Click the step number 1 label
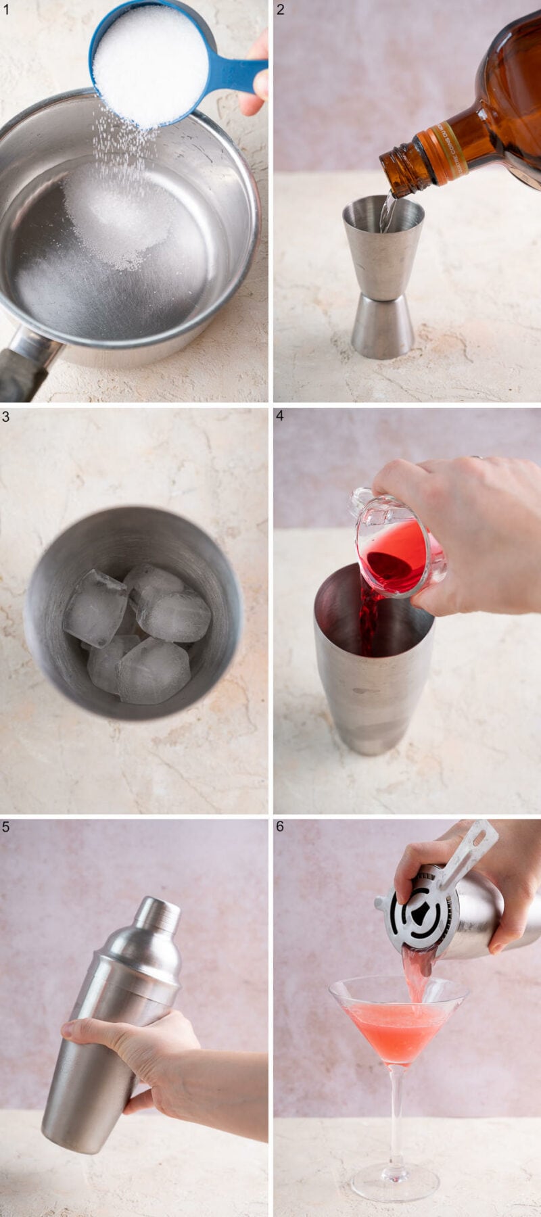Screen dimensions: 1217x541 pos(6,9)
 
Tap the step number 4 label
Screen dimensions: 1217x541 pos(281,416)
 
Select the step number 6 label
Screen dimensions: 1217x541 pos(281,826)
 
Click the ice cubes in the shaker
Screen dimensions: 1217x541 pos(135,632)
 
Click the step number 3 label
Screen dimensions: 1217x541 pos(6,416)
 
